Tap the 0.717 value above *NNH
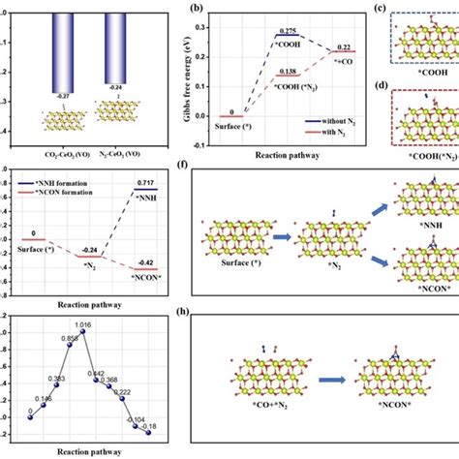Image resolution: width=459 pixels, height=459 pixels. coord(143,182)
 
